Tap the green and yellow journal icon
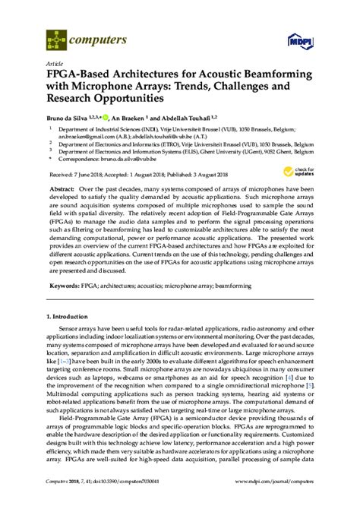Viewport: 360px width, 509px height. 55,37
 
